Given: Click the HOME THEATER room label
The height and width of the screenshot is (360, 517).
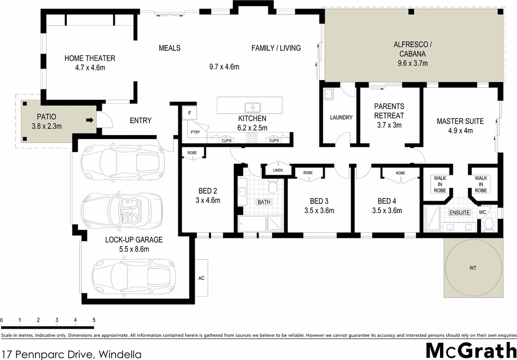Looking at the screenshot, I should point(89,58).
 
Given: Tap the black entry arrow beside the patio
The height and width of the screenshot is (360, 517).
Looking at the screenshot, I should point(89,121).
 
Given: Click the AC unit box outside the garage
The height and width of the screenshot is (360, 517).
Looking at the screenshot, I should point(202,278).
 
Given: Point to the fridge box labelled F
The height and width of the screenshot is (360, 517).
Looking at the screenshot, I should point(190,113).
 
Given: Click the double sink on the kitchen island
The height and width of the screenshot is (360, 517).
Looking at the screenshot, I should point(253,108).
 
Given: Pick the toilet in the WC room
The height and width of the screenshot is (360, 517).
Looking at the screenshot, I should point(488,224).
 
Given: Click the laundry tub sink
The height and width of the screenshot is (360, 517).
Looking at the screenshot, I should point(328,95).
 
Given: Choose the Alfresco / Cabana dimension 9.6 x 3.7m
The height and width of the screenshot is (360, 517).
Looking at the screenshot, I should point(413,63).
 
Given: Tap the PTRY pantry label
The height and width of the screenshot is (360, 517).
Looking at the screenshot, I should point(194,132).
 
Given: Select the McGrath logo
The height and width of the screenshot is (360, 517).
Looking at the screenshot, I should point(470,350).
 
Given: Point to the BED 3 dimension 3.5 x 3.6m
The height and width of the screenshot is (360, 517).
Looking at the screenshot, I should point(320,211).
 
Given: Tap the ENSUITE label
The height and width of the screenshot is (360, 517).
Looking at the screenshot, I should point(459,213).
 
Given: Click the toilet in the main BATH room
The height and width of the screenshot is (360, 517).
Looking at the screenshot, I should point(274,188).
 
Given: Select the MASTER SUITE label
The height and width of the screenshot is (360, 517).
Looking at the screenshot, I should point(460,121).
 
